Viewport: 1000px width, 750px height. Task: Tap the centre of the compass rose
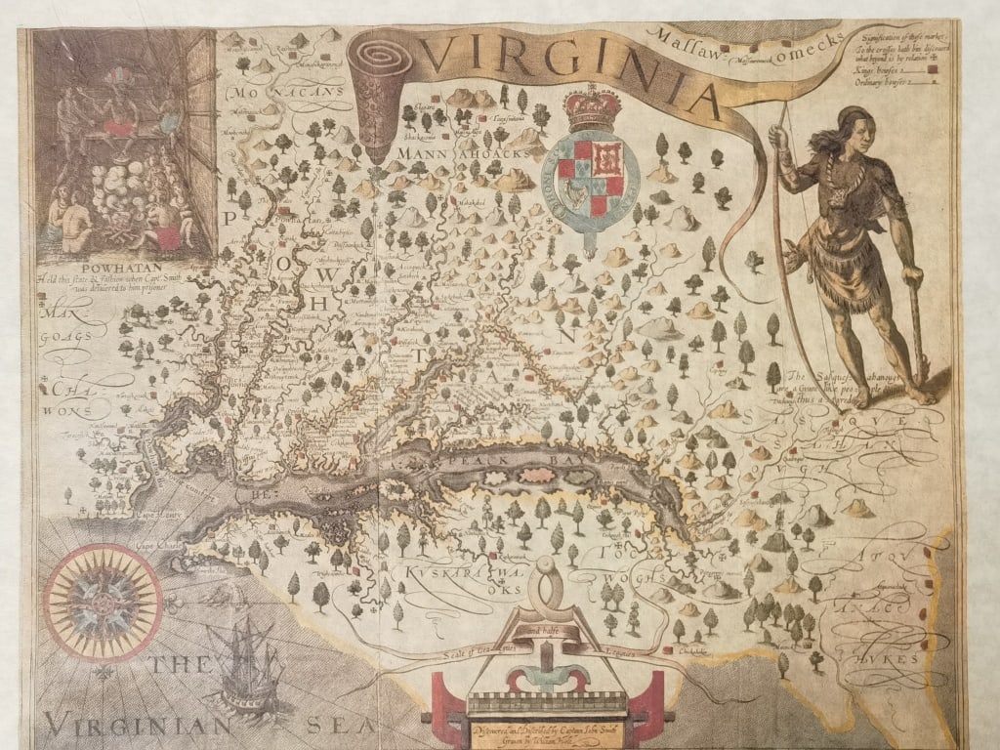point(102,603)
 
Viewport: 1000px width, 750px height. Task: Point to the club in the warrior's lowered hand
point(917,332)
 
